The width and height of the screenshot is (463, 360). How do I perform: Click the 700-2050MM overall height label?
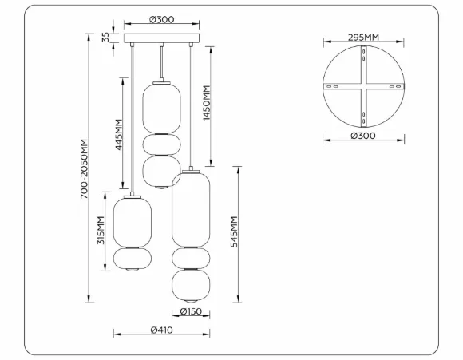coord(84,168)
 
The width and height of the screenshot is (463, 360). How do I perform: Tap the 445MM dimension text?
coord(119,134)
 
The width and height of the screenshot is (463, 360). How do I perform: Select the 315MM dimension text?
coord(101,231)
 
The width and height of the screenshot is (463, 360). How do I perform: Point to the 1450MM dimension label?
coord(207,103)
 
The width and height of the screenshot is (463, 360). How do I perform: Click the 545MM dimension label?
coord(234,231)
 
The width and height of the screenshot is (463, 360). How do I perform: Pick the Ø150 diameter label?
coord(191,311)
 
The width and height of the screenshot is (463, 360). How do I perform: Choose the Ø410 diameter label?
coord(162,330)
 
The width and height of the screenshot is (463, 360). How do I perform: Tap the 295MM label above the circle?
coord(363,38)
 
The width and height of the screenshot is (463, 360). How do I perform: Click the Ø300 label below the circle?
coord(363,136)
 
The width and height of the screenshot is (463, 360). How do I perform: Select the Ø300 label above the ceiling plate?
coord(161,19)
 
